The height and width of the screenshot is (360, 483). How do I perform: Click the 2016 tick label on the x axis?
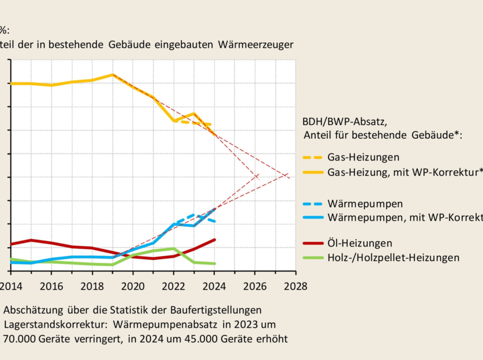click(x=52, y=286)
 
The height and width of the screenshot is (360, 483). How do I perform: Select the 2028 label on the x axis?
click(x=296, y=286)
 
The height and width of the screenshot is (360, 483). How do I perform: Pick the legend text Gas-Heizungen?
click(x=363, y=158)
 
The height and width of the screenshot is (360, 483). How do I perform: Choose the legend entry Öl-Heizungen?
click(x=360, y=243)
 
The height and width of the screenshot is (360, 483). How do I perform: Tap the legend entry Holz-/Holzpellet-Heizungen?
click(x=393, y=258)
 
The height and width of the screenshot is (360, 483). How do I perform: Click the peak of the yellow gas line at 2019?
click(x=113, y=74)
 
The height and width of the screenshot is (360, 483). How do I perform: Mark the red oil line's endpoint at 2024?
click(x=215, y=239)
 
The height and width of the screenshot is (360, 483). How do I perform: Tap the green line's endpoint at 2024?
click(x=215, y=263)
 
